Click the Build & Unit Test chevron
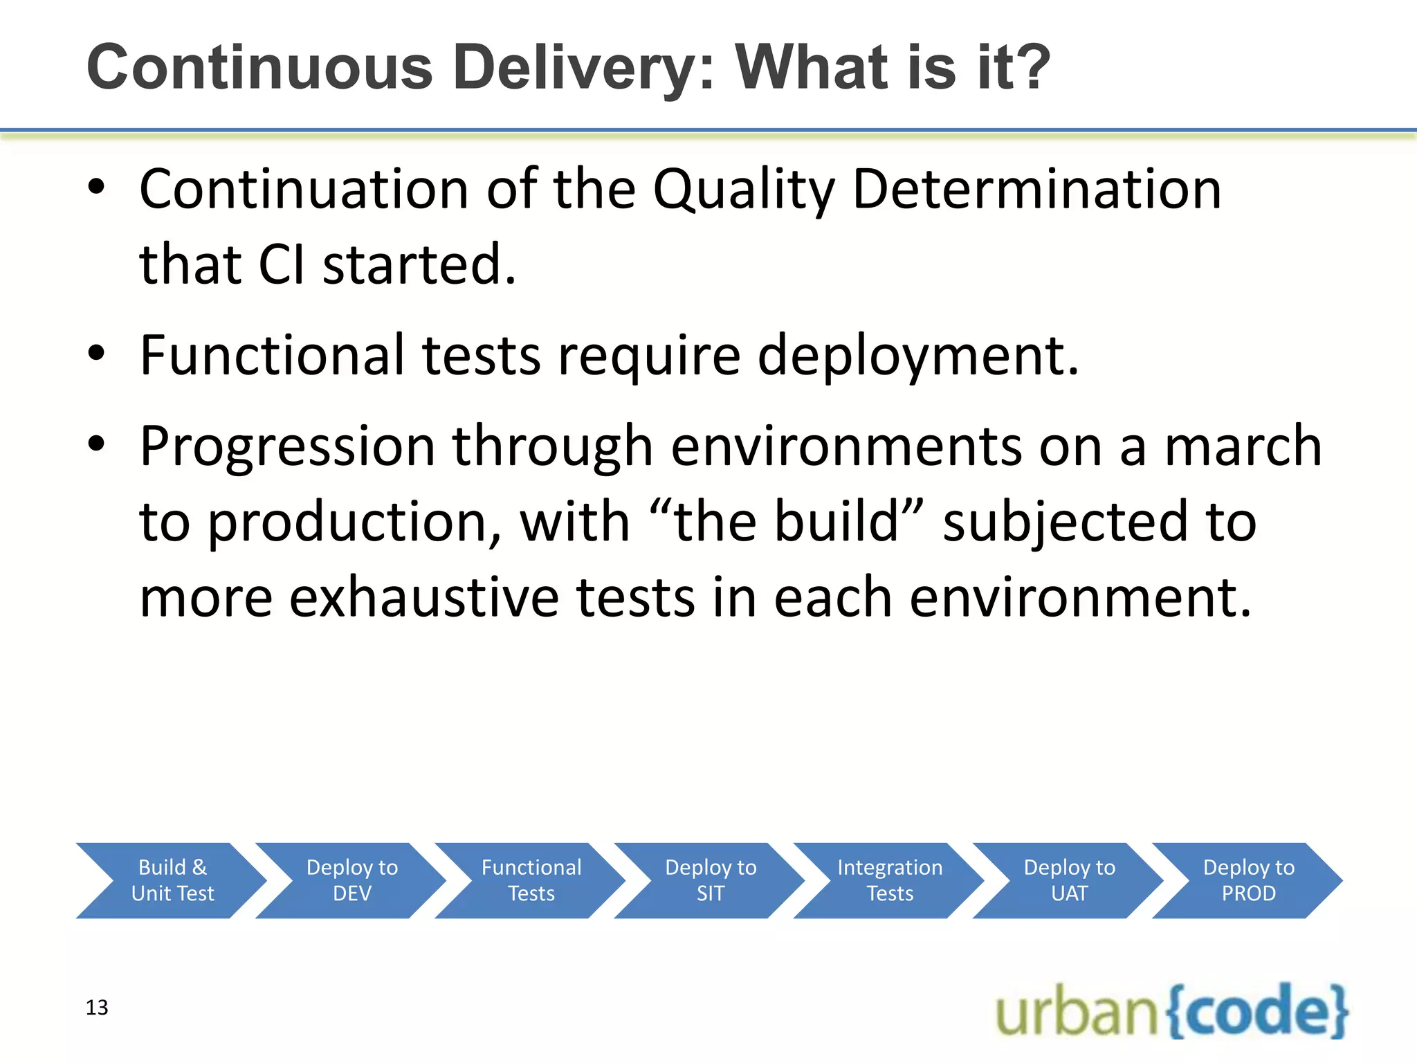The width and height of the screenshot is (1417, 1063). [x=172, y=880]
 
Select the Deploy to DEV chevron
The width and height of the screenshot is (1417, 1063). [x=351, y=880]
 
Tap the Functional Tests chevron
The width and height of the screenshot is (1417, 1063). [x=531, y=880]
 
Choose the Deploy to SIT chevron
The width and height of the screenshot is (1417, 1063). [x=711, y=880]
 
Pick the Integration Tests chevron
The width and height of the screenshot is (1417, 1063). [x=890, y=880]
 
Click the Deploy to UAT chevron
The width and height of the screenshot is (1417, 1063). [x=1069, y=880]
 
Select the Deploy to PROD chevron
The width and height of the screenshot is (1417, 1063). [x=1248, y=880]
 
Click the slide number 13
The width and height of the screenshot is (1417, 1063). [x=97, y=1008]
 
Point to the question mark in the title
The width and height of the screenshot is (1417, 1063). [x=1033, y=67]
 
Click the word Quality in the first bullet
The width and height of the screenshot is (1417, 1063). [x=744, y=190]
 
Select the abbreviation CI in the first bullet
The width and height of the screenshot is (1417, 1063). [x=281, y=265]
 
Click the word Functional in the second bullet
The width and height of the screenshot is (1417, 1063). [x=272, y=355]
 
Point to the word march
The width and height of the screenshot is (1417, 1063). [x=1243, y=446]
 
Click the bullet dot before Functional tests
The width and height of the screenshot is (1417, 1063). [x=96, y=353]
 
